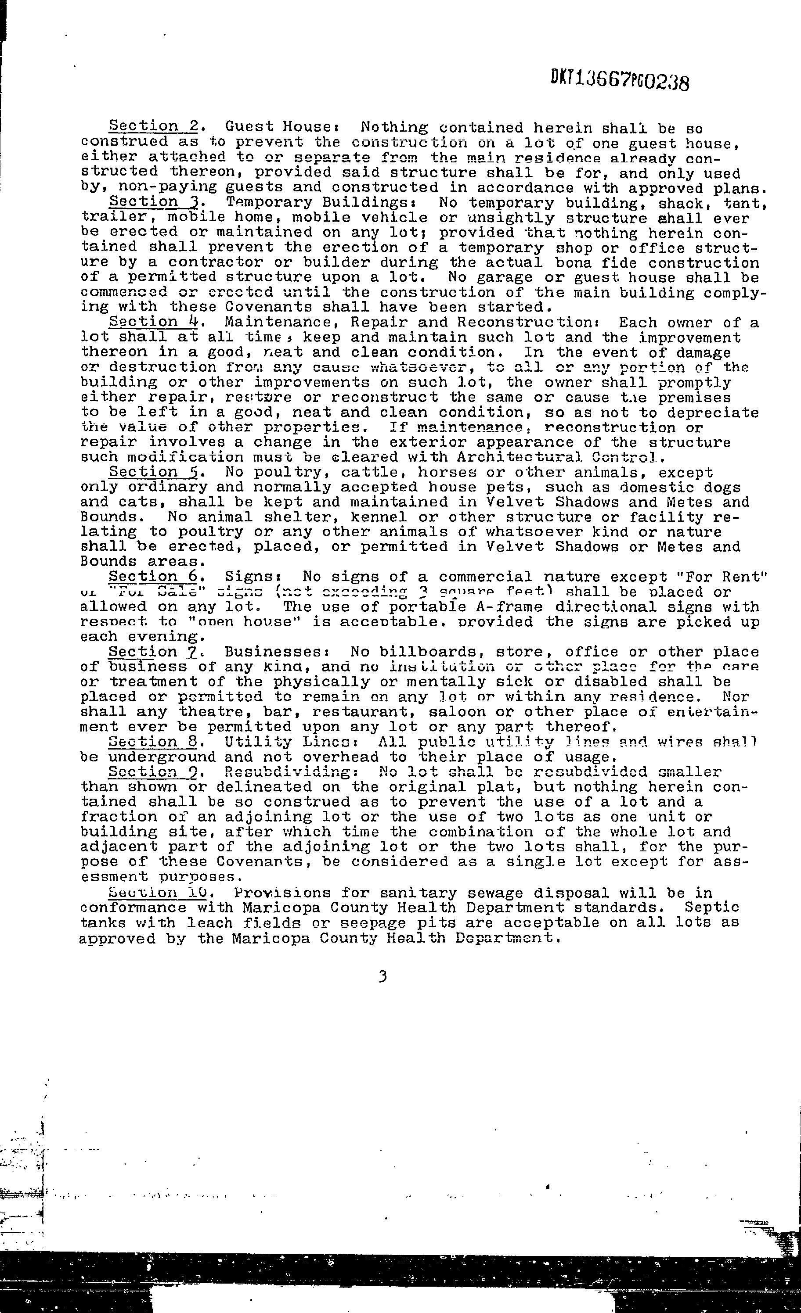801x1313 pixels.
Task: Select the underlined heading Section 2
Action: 154,127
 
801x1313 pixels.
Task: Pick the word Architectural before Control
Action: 539,457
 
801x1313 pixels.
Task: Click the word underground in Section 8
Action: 161,757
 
